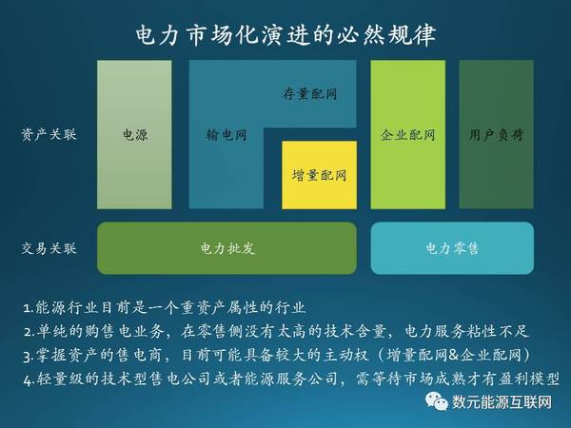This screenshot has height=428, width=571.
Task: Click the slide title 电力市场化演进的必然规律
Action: pyautogui.click(x=285, y=35)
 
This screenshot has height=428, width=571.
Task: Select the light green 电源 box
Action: pyautogui.click(x=134, y=135)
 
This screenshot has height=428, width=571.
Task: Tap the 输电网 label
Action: pyautogui.click(x=226, y=135)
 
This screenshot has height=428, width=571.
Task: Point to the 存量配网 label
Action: pyautogui.click(x=309, y=94)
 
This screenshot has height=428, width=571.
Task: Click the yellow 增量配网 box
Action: pyautogui.click(x=320, y=175)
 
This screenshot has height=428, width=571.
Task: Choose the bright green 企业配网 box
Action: pyautogui.click(x=408, y=135)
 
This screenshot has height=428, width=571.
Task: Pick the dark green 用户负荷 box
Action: pyautogui.click(x=497, y=135)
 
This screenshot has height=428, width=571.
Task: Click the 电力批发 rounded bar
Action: pyautogui.click(x=226, y=248)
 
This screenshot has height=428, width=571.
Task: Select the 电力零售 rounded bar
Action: pyautogui.click(x=452, y=248)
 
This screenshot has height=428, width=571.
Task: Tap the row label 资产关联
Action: pyautogui.click(x=49, y=134)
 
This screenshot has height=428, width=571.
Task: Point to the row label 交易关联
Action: pyautogui.click(x=49, y=248)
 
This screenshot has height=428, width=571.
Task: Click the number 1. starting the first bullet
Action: pyautogui.click(x=29, y=308)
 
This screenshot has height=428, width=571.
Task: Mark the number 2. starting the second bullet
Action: pyautogui.click(x=30, y=332)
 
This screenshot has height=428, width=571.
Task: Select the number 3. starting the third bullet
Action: pyautogui.click(x=29, y=357)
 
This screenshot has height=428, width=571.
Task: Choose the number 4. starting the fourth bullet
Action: pyautogui.click(x=30, y=380)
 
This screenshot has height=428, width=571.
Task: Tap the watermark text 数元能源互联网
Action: pyautogui.click(x=502, y=401)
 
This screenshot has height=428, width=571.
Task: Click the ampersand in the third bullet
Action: pyautogui.click(x=453, y=355)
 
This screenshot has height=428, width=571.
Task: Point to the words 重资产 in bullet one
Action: pyautogui.click(x=202, y=308)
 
